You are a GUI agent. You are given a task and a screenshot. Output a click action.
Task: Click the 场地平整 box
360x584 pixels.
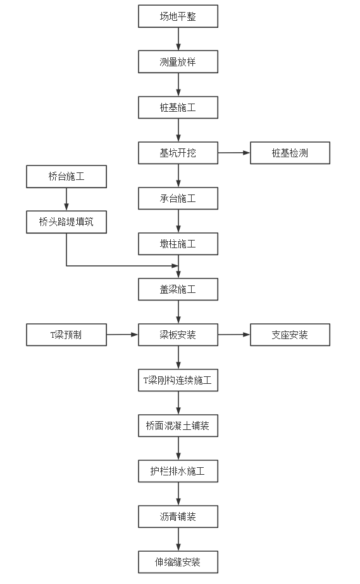(x=178, y=16)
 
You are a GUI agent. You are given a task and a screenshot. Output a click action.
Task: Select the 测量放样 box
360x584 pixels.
(x=178, y=62)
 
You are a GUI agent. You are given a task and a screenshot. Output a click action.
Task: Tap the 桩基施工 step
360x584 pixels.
(x=178, y=107)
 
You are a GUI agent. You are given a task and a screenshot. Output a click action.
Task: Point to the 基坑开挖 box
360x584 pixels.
(x=178, y=153)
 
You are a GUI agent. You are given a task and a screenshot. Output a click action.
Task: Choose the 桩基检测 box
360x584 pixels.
(x=290, y=153)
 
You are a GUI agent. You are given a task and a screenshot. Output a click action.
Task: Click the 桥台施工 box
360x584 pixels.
(x=66, y=177)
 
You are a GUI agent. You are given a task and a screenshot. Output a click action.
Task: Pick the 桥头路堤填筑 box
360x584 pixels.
(x=66, y=222)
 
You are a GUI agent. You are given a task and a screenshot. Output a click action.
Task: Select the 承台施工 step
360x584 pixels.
(x=178, y=198)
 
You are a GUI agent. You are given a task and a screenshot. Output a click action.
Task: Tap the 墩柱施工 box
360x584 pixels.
(x=178, y=244)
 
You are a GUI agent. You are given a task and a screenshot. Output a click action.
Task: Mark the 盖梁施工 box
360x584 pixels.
(x=178, y=289)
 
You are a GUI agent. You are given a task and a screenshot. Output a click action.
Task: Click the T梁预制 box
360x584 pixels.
(x=66, y=335)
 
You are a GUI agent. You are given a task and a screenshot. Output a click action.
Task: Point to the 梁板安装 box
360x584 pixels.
(x=178, y=335)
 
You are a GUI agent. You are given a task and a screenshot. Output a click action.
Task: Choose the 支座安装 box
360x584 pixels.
(x=290, y=335)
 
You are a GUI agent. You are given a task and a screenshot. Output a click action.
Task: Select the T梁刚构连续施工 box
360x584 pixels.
(x=178, y=380)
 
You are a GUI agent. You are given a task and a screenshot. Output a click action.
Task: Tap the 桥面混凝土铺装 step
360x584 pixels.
(x=178, y=426)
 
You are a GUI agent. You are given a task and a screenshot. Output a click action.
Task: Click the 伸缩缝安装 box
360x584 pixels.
(x=178, y=562)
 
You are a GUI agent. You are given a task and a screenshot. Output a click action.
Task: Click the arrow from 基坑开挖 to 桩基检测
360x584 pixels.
(x=234, y=153)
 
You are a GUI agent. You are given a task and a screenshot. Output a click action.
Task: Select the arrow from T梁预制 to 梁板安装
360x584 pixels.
(x=122, y=335)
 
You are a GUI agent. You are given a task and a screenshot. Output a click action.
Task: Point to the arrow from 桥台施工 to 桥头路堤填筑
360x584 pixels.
(x=66, y=200)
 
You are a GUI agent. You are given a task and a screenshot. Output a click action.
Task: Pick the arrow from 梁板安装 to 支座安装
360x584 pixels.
(x=234, y=335)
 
